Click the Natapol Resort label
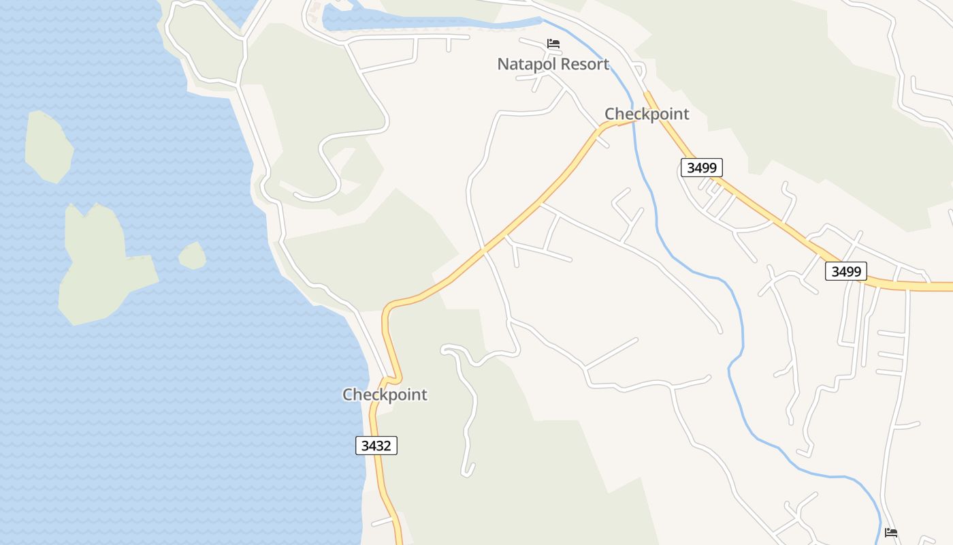click(553, 64)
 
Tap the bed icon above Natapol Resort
click(553, 44)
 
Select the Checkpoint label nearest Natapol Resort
click(647, 114)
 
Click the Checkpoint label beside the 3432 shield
click(385, 394)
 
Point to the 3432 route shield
click(376, 446)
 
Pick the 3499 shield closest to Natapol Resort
click(701, 168)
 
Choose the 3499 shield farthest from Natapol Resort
click(846, 271)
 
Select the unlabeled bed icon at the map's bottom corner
click(890, 532)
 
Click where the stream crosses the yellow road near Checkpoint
click(634, 121)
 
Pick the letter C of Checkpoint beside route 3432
click(348, 394)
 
